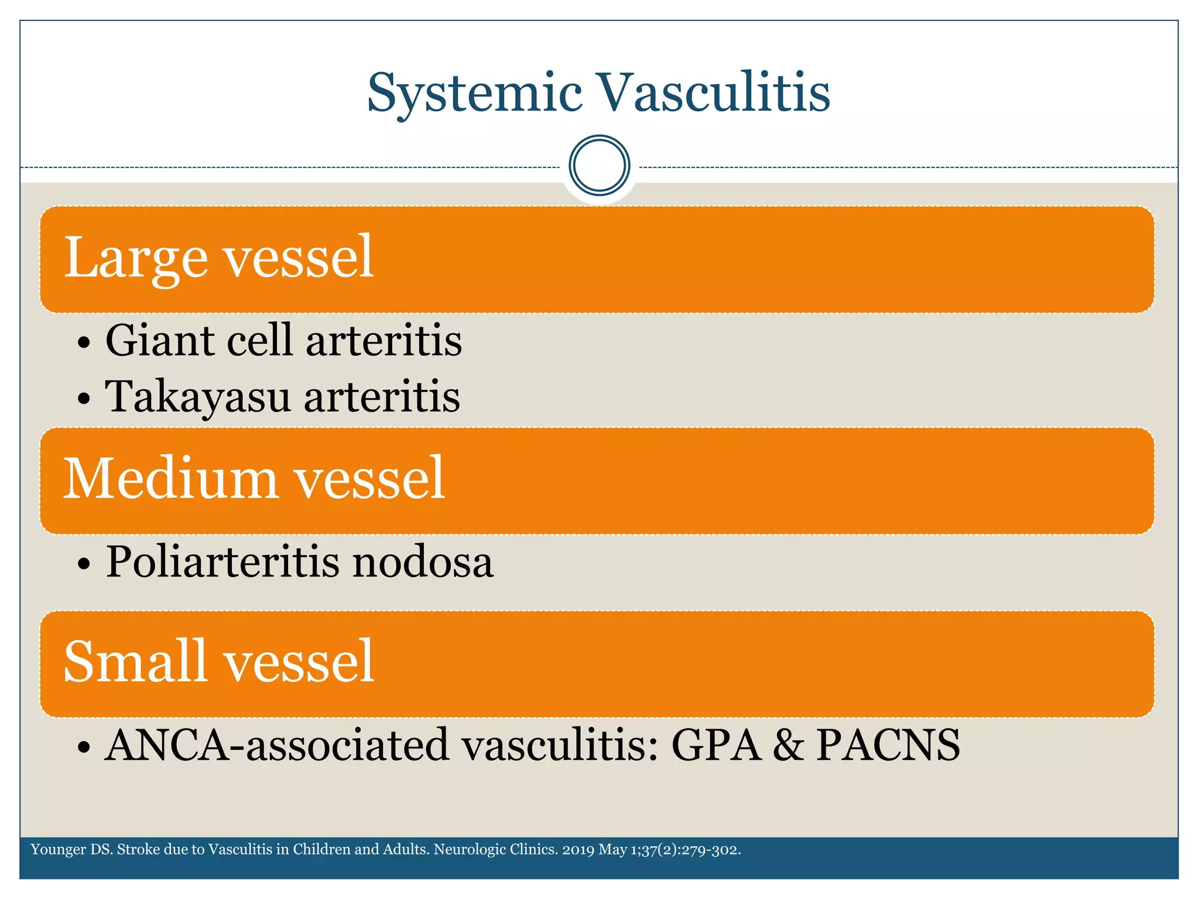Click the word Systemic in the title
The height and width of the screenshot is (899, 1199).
[x=474, y=94]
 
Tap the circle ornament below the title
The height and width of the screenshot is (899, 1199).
[x=599, y=165]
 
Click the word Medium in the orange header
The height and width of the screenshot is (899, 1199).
[x=170, y=479]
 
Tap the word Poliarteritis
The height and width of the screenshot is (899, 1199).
[x=222, y=562]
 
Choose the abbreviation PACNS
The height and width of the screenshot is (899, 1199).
[x=888, y=745]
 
